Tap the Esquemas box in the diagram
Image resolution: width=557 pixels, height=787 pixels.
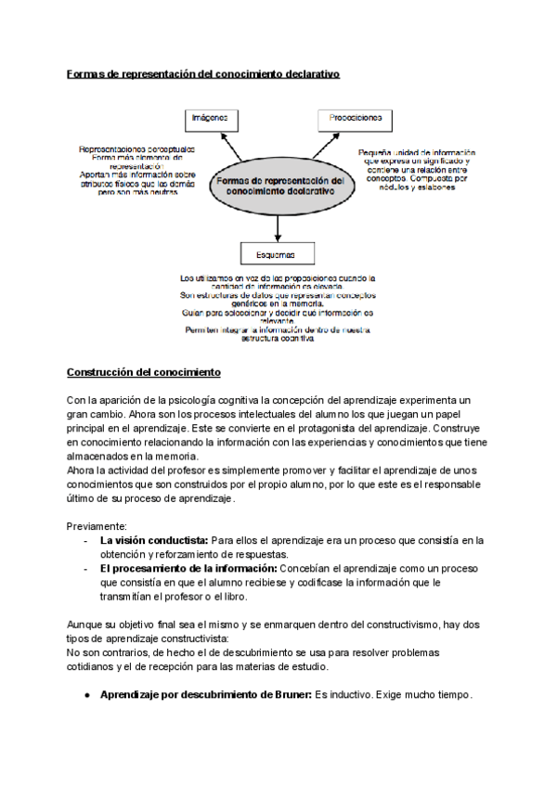tap(278, 253)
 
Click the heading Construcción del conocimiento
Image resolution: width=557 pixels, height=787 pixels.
tap(143, 373)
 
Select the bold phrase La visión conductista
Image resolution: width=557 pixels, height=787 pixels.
tap(154, 540)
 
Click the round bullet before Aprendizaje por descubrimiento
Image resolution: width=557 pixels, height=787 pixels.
tap(86, 694)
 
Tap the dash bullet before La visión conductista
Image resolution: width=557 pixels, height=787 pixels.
tap(86, 540)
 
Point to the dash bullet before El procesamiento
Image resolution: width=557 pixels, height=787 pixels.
tap(86, 568)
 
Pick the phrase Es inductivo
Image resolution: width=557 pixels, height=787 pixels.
tap(344, 694)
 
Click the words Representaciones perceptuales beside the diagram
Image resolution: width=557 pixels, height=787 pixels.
tap(137, 149)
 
